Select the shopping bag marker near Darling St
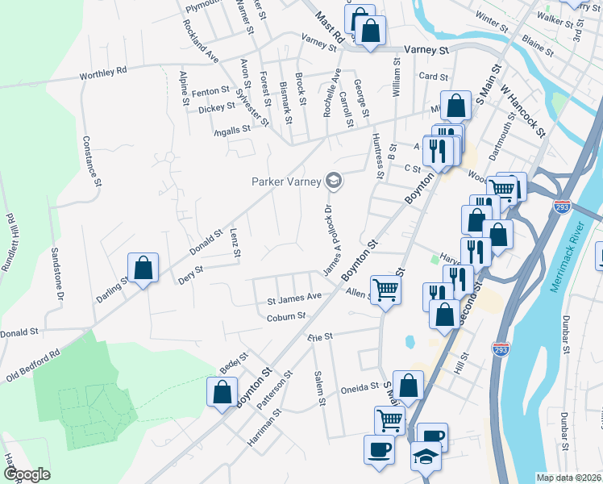click(143, 268)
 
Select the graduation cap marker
click(425, 456)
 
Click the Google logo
click(27, 474)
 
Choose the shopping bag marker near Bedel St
click(222, 393)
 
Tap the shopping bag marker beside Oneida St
click(409, 386)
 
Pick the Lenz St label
click(235, 243)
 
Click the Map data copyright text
click(568, 478)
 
